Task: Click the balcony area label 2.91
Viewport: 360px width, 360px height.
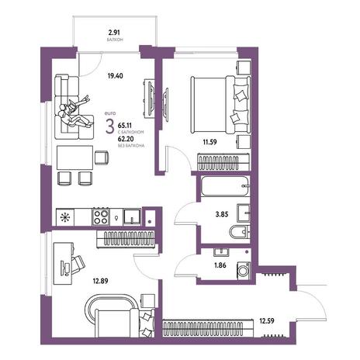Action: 114,33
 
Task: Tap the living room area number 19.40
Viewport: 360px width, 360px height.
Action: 116,76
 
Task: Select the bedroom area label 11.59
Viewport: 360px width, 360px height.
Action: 209,142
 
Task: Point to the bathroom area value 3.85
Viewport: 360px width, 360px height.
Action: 222,214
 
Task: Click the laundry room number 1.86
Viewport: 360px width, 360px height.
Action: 220,265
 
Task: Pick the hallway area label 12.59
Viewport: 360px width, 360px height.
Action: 267,321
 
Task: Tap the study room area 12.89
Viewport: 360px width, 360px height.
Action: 100,281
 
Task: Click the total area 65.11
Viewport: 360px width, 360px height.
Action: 125,126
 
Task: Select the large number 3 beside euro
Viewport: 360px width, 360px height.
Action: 109,126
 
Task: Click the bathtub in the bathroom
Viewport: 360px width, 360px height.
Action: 225,186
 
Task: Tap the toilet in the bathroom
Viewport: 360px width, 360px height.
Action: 240,232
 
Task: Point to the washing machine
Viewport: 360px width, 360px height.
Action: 244,271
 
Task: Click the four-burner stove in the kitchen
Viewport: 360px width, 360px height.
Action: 101,216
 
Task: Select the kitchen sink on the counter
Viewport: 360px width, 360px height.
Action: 132,216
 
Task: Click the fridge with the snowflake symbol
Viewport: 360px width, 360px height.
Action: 65,217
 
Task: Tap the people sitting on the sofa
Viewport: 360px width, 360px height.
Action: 74,112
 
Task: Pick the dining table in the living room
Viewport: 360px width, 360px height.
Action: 74,157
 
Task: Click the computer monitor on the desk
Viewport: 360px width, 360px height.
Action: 63,268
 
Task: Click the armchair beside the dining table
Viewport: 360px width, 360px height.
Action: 102,157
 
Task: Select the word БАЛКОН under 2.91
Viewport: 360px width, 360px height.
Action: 114,40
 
